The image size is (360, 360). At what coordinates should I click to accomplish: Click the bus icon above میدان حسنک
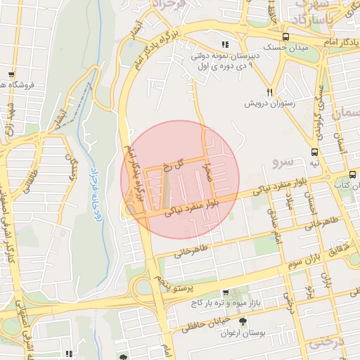point(285,37)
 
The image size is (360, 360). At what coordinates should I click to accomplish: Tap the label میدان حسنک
point(285,47)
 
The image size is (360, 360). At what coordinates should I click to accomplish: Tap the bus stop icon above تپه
point(314,151)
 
